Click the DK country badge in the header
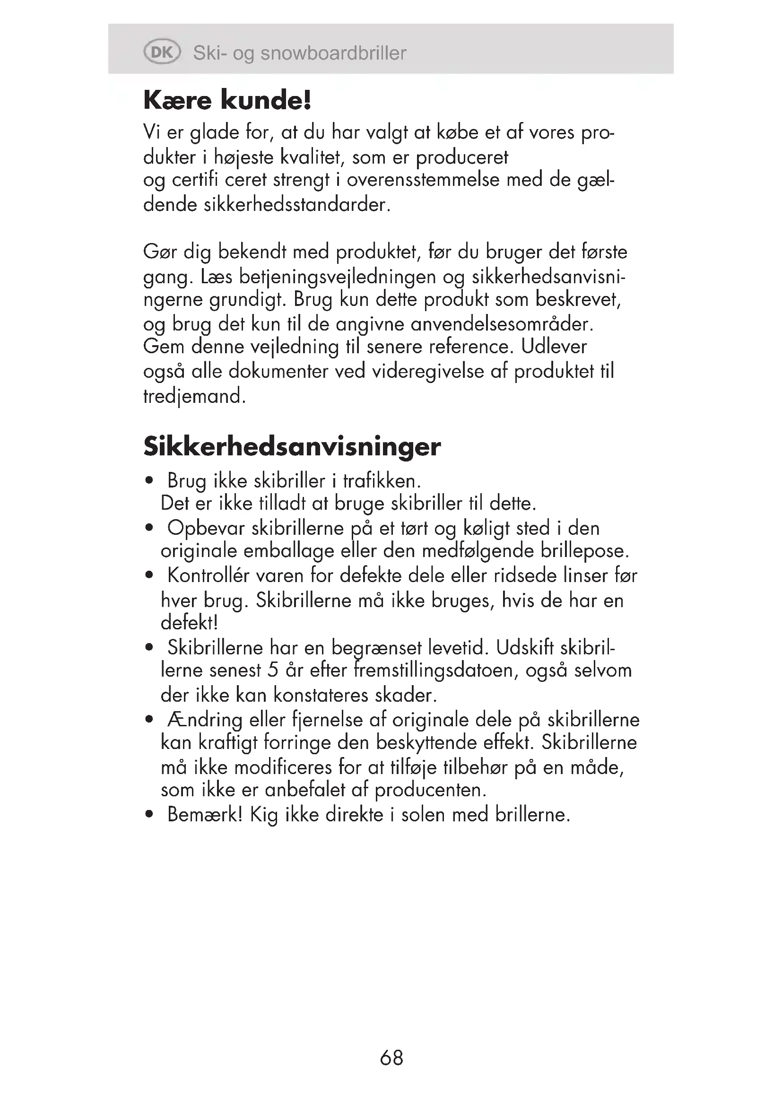162,52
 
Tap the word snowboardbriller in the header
333,53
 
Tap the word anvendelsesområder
502,324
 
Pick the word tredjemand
194,396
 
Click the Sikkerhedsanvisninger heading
292,446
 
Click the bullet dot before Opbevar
149,529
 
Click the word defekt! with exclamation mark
189,623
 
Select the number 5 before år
273,671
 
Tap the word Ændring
205,720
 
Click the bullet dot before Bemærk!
149,815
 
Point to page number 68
391,1058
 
